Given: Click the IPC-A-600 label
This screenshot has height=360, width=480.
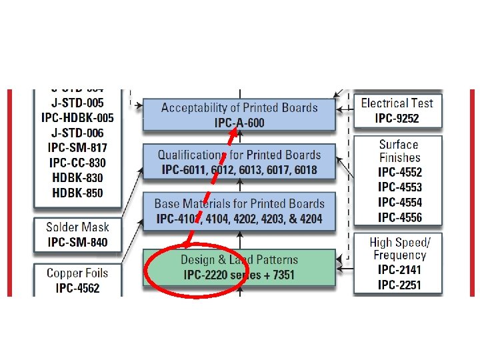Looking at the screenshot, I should (239, 122).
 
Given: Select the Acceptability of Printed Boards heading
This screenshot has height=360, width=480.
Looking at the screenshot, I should (239, 107).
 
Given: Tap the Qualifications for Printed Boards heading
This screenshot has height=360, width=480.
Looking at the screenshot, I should (239, 155).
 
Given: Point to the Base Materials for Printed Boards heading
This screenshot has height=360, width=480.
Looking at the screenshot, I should (239, 203).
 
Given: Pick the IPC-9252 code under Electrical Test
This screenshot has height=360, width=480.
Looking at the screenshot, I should (397, 119).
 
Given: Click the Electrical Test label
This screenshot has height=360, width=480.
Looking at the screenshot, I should (397, 103).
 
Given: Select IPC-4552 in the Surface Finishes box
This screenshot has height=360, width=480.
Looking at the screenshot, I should (399, 172).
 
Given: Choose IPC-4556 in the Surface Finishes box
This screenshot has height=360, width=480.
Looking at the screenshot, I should (399, 217).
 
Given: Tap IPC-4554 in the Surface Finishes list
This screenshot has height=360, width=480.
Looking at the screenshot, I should (399, 202).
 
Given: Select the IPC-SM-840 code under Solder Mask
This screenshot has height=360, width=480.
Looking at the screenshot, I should (77, 242).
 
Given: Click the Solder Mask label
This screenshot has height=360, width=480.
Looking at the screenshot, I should (77, 227).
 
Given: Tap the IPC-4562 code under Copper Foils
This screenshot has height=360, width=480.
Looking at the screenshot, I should (77, 289).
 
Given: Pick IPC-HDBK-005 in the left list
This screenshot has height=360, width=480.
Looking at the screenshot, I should (77, 117).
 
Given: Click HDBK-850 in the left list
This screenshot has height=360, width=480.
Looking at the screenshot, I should (77, 193).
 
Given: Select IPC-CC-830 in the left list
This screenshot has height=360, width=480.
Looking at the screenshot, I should (77, 163).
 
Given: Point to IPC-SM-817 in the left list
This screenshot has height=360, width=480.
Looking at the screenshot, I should (77, 147).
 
